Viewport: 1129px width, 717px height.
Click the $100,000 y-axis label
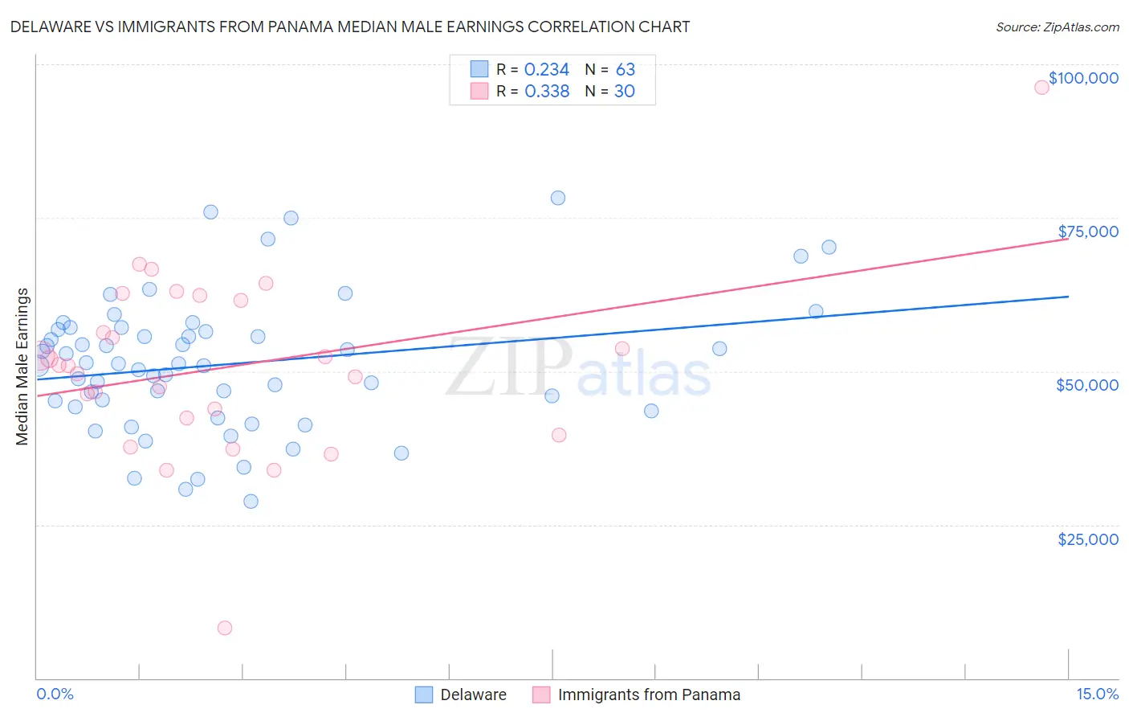click(1083, 78)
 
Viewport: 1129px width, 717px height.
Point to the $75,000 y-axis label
click(1088, 231)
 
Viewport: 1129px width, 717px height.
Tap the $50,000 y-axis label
click(1087, 385)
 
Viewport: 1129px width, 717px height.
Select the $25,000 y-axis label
click(1088, 539)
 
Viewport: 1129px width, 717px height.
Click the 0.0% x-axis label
click(55, 694)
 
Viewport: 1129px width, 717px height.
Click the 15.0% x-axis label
click(1097, 694)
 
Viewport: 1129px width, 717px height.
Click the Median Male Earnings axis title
click(22, 367)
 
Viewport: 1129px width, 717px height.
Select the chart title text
click(350, 27)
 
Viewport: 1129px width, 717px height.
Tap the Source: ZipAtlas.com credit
click(1057, 27)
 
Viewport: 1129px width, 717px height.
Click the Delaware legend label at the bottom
click(473, 694)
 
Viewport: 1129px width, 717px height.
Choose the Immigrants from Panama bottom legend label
click(649, 694)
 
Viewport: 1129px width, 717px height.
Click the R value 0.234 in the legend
click(546, 70)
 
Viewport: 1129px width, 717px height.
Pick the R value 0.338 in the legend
click(547, 92)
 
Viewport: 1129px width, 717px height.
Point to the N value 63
click(625, 70)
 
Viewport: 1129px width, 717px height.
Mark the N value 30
click(624, 92)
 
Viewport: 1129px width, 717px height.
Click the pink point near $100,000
click(1041, 88)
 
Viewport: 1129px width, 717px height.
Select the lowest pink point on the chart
click(225, 628)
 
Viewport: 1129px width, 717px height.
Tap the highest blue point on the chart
click(558, 198)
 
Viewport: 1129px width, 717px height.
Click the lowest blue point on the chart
click(251, 502)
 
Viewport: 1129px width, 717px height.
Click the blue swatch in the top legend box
click(479, 69)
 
